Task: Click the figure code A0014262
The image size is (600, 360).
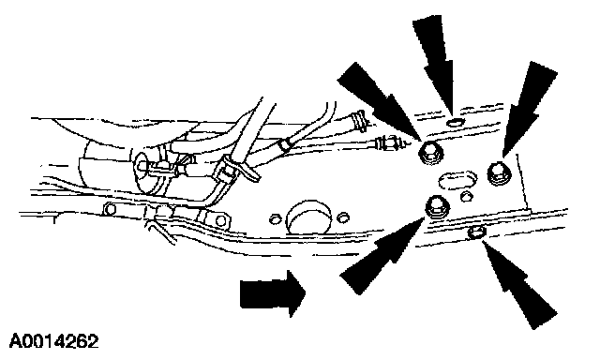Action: [x=53, y=341]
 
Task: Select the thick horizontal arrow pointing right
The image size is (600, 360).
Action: [x=273, y=293]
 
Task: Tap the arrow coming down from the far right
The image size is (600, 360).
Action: [x=530, y=109]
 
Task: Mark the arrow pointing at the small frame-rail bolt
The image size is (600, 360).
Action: [x=519, y=284]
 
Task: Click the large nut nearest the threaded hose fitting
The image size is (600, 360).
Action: [x=431, y=153]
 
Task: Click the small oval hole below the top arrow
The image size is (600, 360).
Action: [x=455, y=123]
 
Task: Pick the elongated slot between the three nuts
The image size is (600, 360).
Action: [x=457, y=179]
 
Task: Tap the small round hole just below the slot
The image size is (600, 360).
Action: [x=466, y=197]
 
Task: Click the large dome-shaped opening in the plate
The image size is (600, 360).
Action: [x=308, y=217]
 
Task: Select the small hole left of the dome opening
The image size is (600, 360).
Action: [x=275, y=219]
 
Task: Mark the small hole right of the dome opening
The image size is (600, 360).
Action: [x=343, y=217]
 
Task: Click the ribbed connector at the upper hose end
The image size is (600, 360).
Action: [x=359, y=120]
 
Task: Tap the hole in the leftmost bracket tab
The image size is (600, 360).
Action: [x=111, y=209]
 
